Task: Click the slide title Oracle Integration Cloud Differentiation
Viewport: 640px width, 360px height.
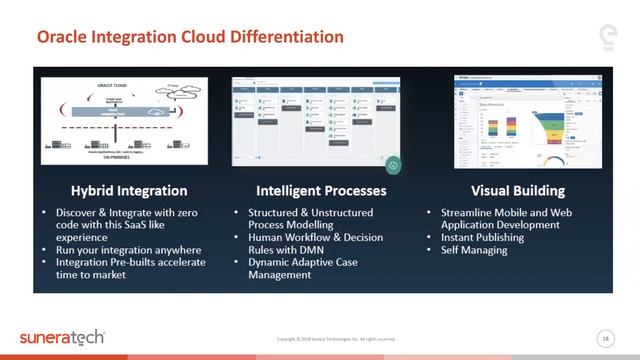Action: coord(190,37)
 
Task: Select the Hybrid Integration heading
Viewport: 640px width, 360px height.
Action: coord(129,190)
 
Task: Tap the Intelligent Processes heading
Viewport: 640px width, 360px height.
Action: coord(317,190)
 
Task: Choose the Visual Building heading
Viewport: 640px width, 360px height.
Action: coord(504,190)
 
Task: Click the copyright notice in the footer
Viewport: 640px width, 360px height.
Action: coord(336,339)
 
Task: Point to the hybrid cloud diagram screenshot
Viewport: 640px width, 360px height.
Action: coord(128,118)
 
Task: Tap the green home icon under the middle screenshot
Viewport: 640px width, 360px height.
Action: coord(394,165)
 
